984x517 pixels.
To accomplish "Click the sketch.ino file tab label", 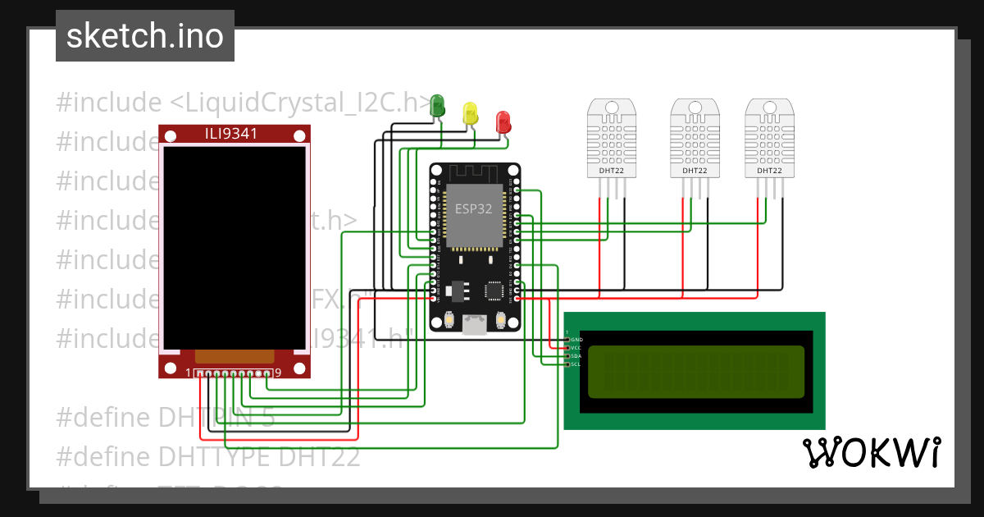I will [144, 36].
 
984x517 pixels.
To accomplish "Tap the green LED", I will [438, 105].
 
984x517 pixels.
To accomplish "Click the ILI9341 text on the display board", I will [235, 134].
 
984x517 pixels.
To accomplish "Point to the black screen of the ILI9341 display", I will [235, 246].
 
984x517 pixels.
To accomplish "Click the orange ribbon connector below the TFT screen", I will [235, 355].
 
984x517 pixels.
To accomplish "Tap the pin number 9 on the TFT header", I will [279, 373].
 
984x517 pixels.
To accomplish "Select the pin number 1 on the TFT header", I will [189, 373].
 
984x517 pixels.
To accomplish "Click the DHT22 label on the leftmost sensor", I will [613, 172].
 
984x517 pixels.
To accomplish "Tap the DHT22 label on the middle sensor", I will [695, 172].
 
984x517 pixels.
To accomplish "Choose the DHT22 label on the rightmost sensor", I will [769, 172].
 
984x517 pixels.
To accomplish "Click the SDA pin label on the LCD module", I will [576, 356].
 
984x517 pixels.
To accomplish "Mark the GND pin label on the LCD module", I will [576, 339].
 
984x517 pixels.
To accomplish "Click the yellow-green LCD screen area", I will [696, 372].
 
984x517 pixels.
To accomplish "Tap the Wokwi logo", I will [872, 452].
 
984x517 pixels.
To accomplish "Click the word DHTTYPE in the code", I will [216, 456].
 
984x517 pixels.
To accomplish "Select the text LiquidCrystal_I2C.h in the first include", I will [299, 103].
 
